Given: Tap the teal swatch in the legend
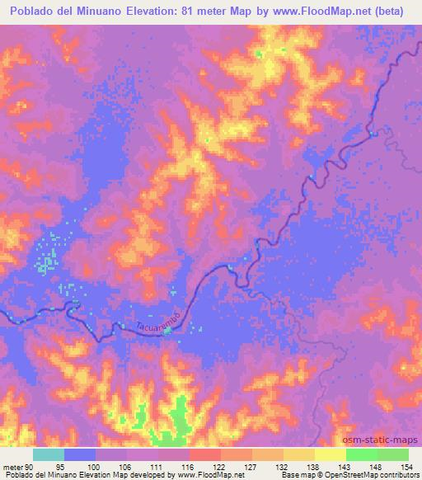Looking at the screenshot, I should (49, 455).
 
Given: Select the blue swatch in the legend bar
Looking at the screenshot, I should (80, 455).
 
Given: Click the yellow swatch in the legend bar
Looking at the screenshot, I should (330, 455).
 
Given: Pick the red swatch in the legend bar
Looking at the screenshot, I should (205, 455).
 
